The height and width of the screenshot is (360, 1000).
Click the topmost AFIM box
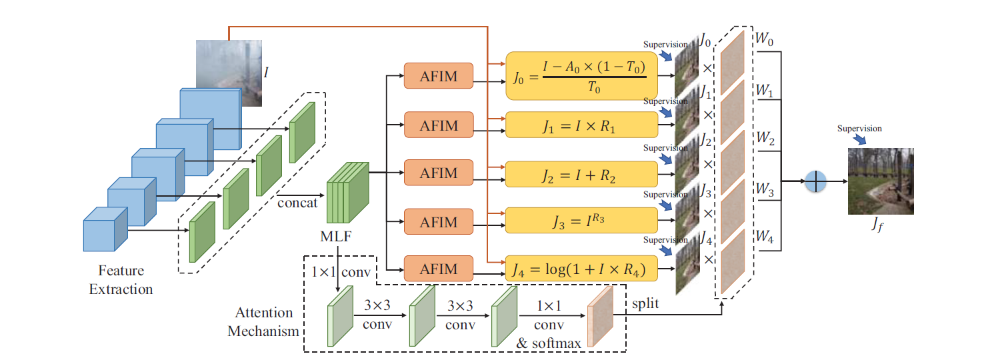(x=439, y=76)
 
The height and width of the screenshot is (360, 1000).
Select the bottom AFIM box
(x=439, y=269)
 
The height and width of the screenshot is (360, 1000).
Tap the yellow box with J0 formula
(x=582, y=76)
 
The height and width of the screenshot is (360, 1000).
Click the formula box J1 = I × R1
(x=582, y=125)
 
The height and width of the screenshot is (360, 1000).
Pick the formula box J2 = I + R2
(x=582, y=174)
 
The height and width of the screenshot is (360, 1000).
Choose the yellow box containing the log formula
(x=582, y=269)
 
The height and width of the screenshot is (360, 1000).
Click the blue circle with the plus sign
(x=815, y=181)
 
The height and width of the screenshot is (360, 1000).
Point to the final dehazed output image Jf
(x=881, y=181)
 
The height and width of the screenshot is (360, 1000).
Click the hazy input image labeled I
(x=229, y=73)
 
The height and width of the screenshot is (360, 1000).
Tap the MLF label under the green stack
(x=336, y=236)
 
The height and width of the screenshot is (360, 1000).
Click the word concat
(x=297, y=203)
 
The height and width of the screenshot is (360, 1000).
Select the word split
(x=645, y=304)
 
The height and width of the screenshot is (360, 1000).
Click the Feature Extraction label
(x=121, y=279)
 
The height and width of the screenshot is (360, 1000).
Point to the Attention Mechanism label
(x=263, y=321)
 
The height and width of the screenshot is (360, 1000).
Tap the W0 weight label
(x=764, y=39)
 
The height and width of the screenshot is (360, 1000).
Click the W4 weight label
(x=764, y=236)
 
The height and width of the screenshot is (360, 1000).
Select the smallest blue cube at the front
(x=105, y=229)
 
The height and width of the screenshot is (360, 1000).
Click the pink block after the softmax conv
(x=600, y=316)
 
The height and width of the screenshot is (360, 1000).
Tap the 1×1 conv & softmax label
(x=549, y=325)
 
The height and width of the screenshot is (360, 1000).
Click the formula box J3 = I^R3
(x=582, y=221)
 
